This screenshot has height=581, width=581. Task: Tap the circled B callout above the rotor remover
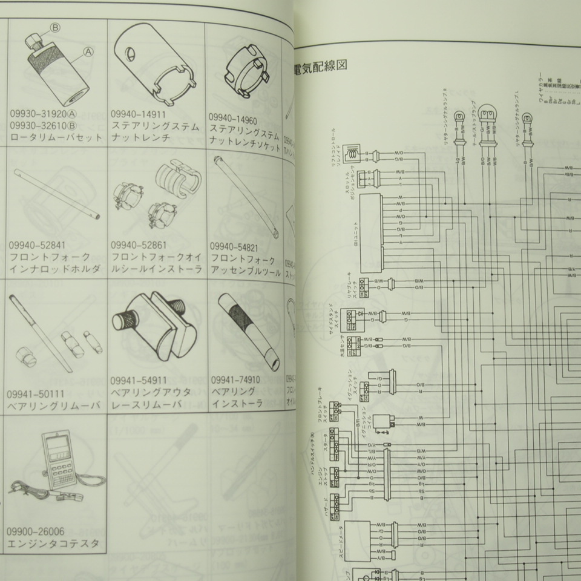(x=55, y=27)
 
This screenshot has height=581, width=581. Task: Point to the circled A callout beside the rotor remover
(x=88, y=52)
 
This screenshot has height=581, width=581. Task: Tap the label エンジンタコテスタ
(x=54, y=543)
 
